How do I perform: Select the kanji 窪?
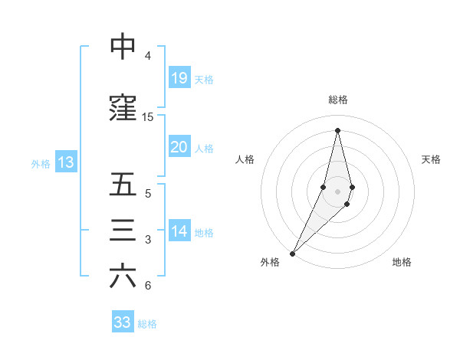123,108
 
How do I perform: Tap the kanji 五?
123,185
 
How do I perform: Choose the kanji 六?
123,277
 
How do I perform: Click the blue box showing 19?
179,78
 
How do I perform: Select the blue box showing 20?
179,147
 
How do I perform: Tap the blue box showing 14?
179,231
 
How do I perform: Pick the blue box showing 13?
65,162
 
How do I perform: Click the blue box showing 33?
123,322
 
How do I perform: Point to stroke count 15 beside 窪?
148,117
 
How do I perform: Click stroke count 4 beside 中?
148,56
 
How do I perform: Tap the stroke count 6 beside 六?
148,286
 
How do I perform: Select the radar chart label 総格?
337,100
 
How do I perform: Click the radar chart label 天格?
432,159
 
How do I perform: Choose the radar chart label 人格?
245,159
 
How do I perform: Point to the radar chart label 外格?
270,262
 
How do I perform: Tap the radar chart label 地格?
402,262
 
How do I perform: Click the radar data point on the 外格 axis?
292,253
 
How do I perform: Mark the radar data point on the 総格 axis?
337,130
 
